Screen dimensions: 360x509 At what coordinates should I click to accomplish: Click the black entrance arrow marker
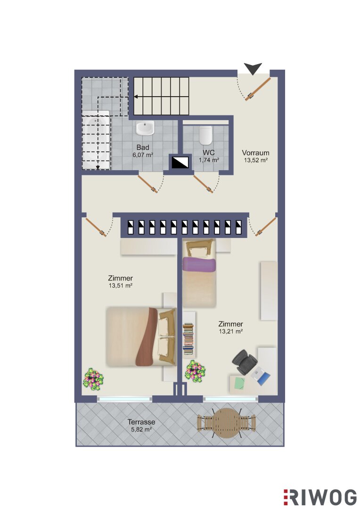253,68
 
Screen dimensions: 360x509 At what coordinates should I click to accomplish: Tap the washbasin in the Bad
145,128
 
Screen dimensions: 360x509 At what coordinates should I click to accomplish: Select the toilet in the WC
205,135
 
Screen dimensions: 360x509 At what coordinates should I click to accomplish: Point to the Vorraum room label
255,153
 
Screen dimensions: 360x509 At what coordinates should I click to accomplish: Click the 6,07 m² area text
143,155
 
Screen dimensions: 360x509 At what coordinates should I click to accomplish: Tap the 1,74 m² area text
209,160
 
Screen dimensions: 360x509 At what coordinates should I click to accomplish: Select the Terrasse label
141,422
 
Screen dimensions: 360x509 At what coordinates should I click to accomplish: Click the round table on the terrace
227,422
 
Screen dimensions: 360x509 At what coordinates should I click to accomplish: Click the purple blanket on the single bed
199,264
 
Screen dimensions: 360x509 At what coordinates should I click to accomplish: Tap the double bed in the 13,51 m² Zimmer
141,337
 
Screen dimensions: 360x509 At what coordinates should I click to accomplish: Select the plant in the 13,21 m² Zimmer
196,371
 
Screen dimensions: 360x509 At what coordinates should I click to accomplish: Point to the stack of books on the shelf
188,338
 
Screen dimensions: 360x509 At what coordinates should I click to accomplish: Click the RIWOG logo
320,497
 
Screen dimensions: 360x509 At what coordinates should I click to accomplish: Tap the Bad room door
148,184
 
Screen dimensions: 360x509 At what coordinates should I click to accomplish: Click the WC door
204,184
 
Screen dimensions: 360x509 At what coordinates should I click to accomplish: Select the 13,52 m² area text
256,160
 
